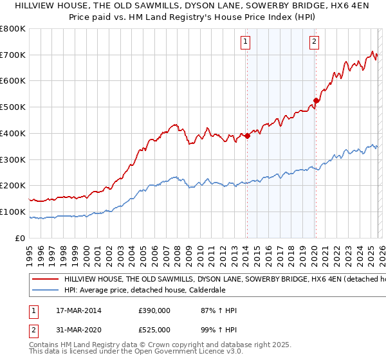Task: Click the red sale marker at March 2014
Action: pos(247,136)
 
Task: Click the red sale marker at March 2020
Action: pos(316,100)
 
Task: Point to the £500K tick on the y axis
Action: pos(14,107)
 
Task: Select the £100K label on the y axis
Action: pos(14,212)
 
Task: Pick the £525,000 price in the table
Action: pos(154,329)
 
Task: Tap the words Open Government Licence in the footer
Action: pos(173,353)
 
